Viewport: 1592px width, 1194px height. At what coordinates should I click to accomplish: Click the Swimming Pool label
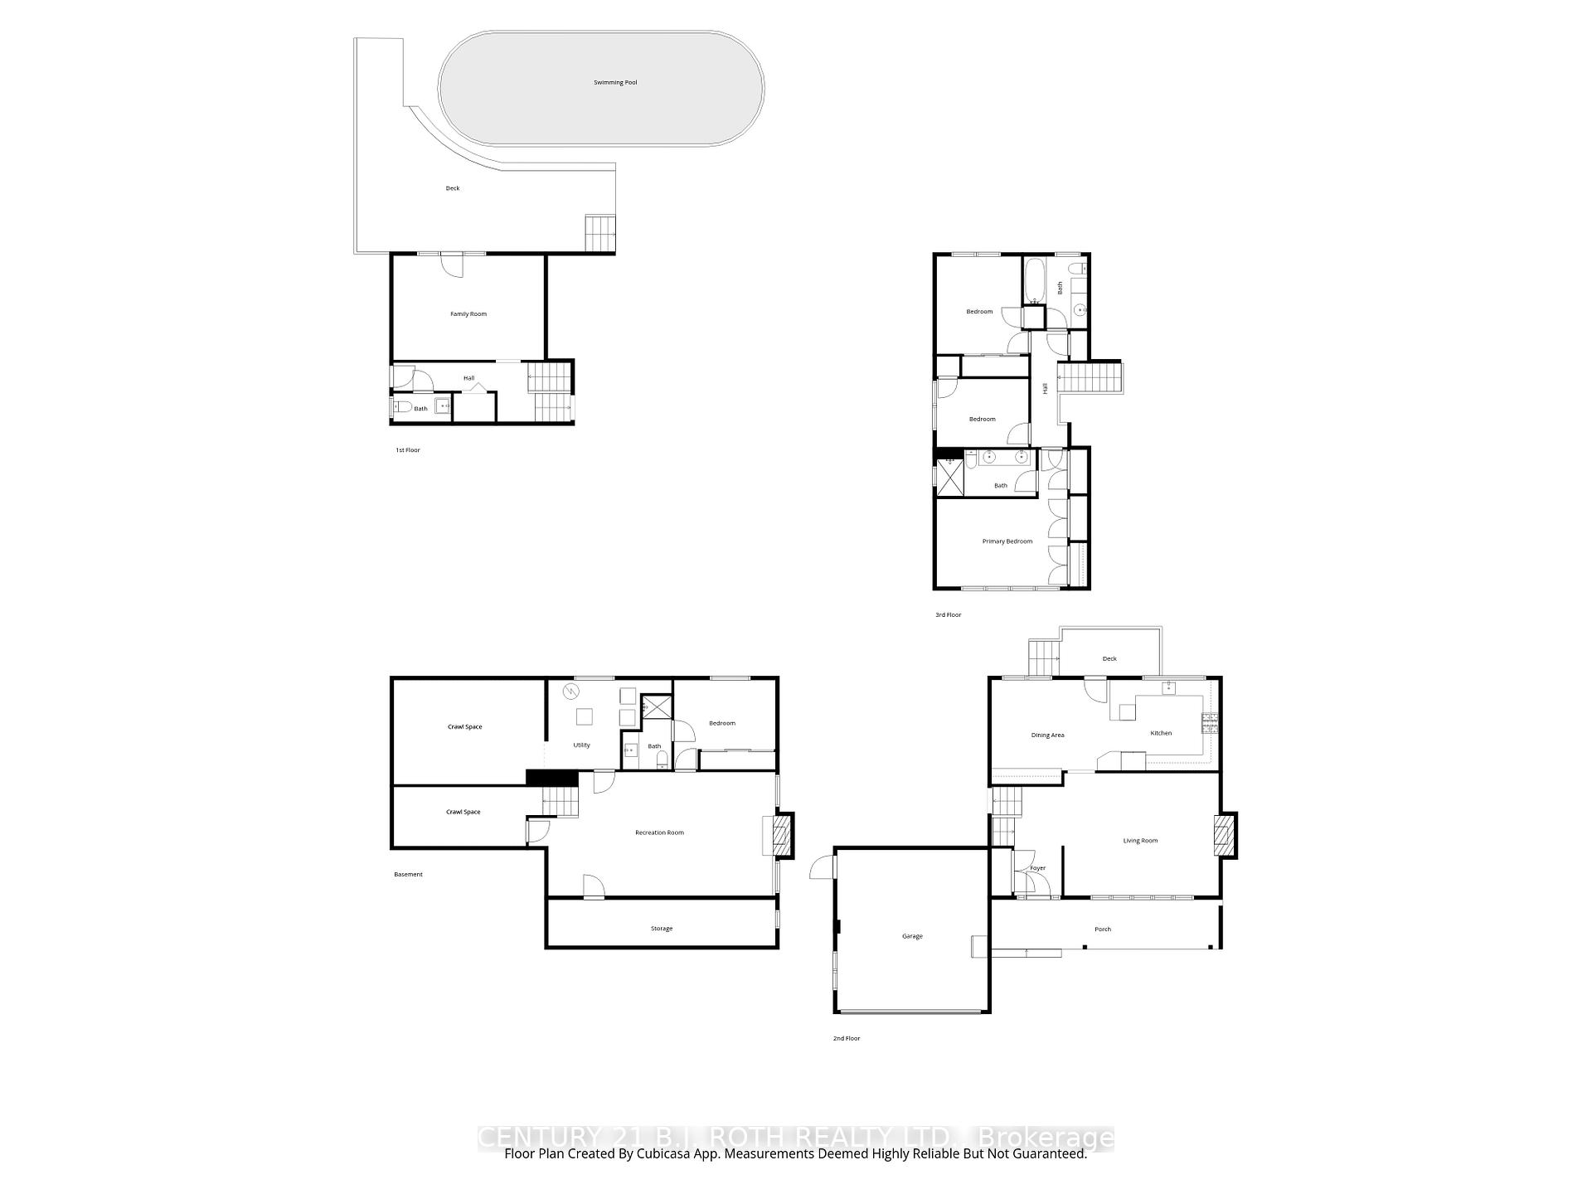click(615, 83)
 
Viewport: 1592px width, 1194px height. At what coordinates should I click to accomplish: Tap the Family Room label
click(468, 314)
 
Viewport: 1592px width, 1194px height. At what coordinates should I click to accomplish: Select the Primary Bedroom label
click(1007, 541)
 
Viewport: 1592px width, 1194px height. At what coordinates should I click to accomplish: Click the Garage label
click(912, 936)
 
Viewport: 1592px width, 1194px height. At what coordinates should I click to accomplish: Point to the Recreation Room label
click(659, 832)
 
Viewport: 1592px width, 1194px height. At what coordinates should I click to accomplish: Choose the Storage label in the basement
click(662, 929)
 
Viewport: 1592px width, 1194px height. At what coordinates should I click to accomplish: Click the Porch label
click(1102, 929)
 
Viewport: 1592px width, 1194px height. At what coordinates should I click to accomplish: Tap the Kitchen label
click(1161, 733)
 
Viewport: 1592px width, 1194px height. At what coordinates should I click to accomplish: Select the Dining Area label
click(1047, 735)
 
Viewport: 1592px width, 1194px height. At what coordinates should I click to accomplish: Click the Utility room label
click(581, 745)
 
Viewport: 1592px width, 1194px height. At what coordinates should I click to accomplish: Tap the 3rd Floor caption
click(948, 615)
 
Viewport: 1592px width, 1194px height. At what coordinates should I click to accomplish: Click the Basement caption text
click(408, 875)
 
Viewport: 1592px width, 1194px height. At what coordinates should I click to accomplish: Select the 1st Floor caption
click(407, 450)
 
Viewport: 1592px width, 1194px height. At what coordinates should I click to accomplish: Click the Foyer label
click(1037, 868)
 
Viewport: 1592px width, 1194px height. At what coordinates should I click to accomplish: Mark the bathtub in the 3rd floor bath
click(1034, 282)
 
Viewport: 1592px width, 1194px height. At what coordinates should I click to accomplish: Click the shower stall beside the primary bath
click(950, 477)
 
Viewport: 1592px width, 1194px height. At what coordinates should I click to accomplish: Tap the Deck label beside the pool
click(453, 188)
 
